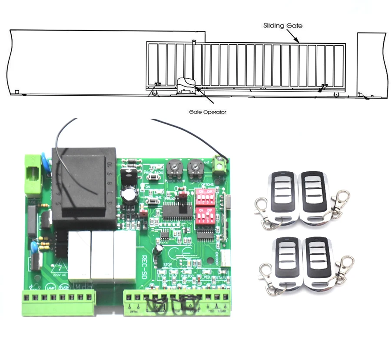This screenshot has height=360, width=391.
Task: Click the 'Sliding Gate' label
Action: click(x=282, y=26)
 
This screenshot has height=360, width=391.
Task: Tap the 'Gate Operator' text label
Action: click(x=207, y=112)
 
